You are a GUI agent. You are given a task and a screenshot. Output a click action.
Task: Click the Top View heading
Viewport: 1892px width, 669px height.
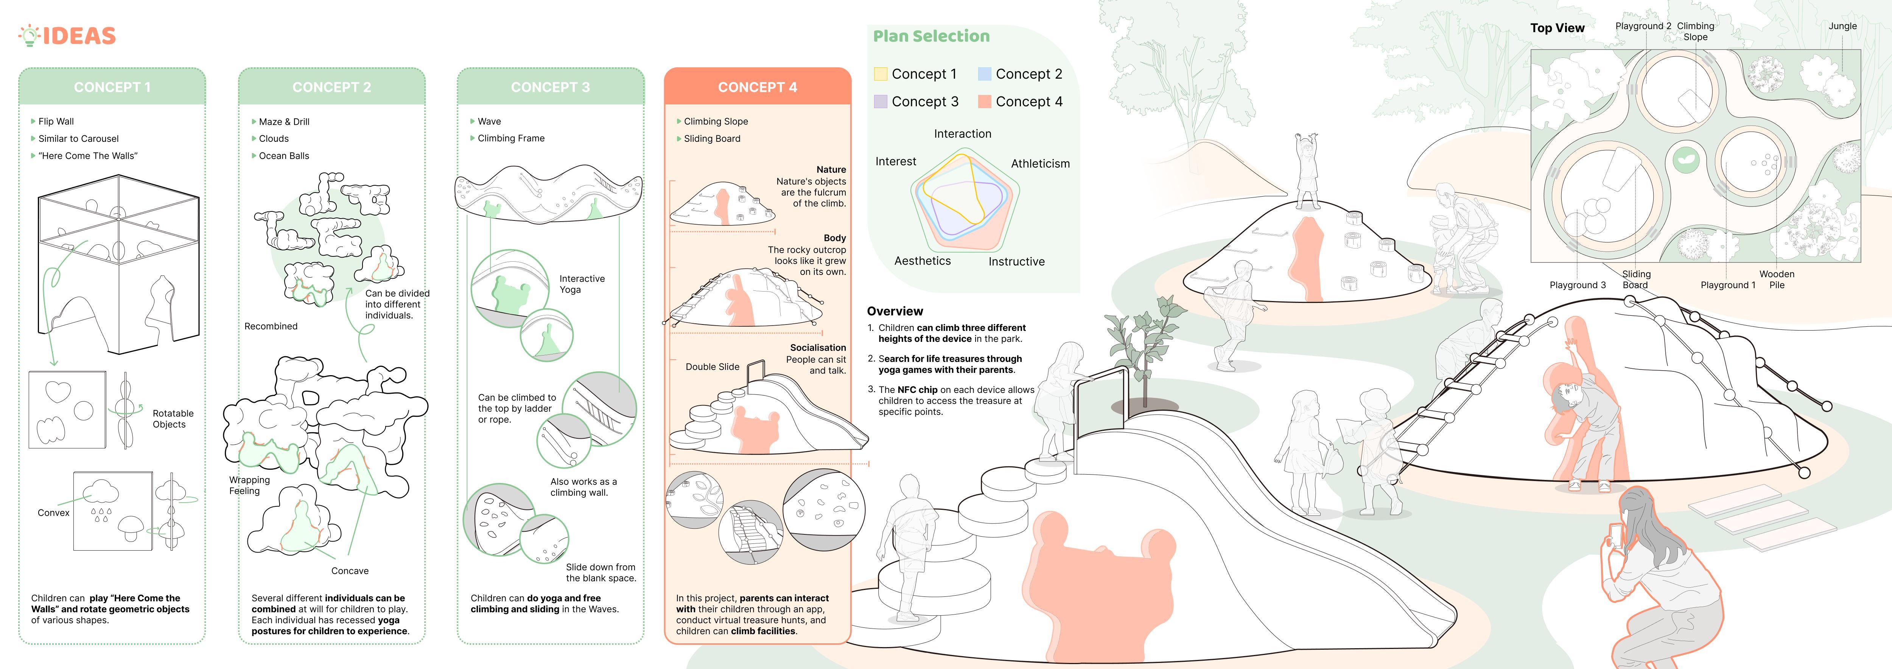click(x=1557, y=28)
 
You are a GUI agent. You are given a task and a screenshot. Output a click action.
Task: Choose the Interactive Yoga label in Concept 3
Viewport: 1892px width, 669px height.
click(x=582, y=284)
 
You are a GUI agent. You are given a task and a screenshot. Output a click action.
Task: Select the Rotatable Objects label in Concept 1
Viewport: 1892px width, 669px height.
click(x=173, y=419)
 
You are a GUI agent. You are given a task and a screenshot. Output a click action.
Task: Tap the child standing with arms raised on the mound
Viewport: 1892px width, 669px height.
click(x=1307, y=169)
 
